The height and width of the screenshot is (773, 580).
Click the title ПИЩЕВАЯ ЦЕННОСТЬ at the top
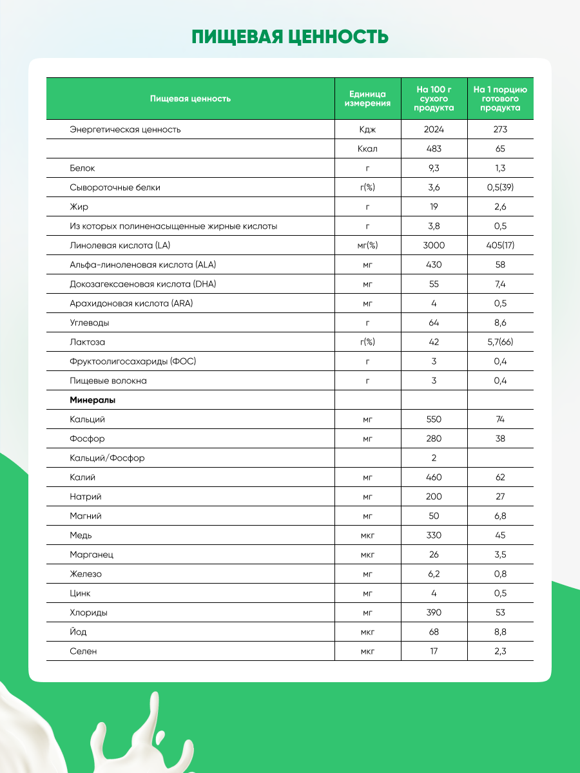coord(290,36)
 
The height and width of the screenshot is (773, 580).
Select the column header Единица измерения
coord(367,99)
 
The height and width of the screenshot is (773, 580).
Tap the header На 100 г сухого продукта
coord(434,99)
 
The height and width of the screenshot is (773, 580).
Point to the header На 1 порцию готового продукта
coord(501,99)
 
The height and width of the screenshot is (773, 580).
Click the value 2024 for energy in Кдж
coord(434,129)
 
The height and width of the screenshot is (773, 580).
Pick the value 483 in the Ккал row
coord(434,149)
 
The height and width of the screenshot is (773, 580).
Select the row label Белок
coord(82,168)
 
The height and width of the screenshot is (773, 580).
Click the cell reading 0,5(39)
coord(501,187)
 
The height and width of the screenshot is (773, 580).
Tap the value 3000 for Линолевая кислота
coord(434,245)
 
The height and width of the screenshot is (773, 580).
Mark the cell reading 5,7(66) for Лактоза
coord(501,342)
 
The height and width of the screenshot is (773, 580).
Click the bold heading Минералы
coord(93,400)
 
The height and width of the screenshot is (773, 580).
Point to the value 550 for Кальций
coord(434,419)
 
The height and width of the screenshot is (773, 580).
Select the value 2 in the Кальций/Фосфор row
coord(434,458)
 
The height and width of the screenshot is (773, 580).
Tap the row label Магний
coord(86,516)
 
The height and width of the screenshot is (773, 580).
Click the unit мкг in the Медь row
coord(367,535)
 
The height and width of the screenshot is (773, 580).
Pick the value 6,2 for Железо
coord(434,574)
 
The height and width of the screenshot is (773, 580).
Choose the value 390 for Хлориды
coord(434,613)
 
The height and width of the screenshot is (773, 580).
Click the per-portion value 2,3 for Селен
coord(501,651)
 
